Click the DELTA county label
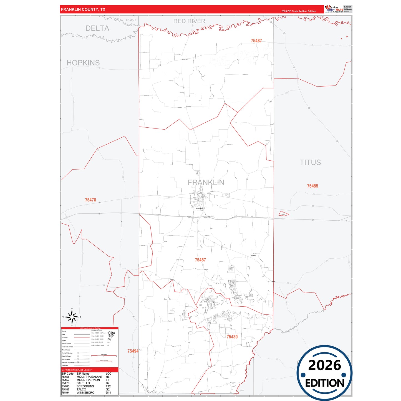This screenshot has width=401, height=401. [x=97, y=28]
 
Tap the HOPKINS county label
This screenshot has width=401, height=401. [x=83, y=63]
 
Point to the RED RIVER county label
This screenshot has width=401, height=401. [x=189, y=21]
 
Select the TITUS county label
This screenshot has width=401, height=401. [x=310, y=162]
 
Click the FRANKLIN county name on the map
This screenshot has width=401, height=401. [x=206, y=182]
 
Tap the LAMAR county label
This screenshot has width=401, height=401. [x=131, y=20]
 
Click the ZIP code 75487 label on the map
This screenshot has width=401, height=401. [x=256, y=41]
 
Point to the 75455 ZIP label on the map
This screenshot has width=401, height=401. [x=312, y=186]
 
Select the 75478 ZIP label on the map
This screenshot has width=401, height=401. [x=90, y=200]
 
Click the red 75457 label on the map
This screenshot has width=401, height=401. [x=200, y=260]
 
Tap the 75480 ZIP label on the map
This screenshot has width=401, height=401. [x=232, y=337]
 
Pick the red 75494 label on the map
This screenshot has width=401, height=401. [x=133, y=351]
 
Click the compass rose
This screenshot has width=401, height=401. [x=72, y=317]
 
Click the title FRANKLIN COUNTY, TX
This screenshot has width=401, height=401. [x=83, y=9]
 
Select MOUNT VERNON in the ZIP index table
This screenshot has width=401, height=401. [x=88, y=380]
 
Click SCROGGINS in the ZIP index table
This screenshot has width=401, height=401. [x=85, y=386]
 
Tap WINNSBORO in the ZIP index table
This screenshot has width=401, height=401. [x=85, y=393]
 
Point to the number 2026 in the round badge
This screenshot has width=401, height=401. [x=324, y=365]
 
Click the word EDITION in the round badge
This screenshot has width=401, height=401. [x=324, y=383]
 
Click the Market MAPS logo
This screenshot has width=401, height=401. [x=334, y=9]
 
